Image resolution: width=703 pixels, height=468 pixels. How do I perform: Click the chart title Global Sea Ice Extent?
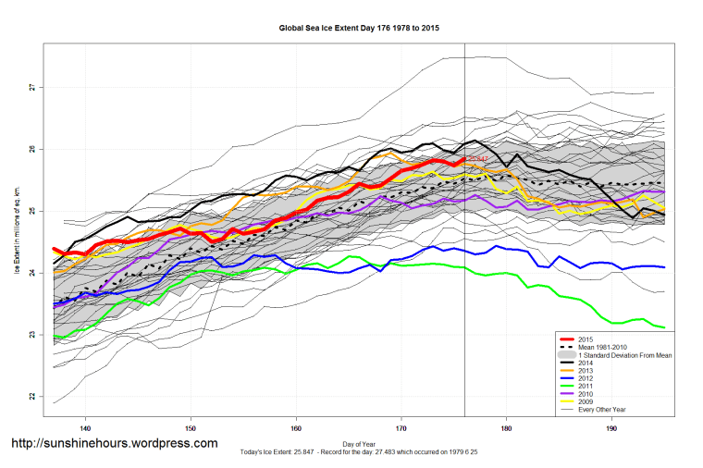click(359, 28)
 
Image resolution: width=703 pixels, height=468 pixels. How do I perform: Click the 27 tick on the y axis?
click(31, 87)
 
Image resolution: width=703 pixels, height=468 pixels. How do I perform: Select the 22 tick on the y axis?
click(31, 396)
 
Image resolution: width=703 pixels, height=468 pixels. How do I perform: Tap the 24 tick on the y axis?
click(31, 273)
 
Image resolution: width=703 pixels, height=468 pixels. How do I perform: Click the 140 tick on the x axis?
click(85, 429)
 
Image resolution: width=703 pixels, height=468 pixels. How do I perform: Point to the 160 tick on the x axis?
click(296, 429)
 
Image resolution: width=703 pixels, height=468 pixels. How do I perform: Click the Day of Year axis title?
click(359, 442)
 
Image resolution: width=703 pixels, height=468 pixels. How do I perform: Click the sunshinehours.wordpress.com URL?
click(114, 443)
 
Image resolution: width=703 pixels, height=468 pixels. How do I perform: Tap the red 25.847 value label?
click(476, 159)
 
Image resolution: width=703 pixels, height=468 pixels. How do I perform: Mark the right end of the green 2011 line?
click(665, 327)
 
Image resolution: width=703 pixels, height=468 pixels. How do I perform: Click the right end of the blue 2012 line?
click(665, 266)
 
